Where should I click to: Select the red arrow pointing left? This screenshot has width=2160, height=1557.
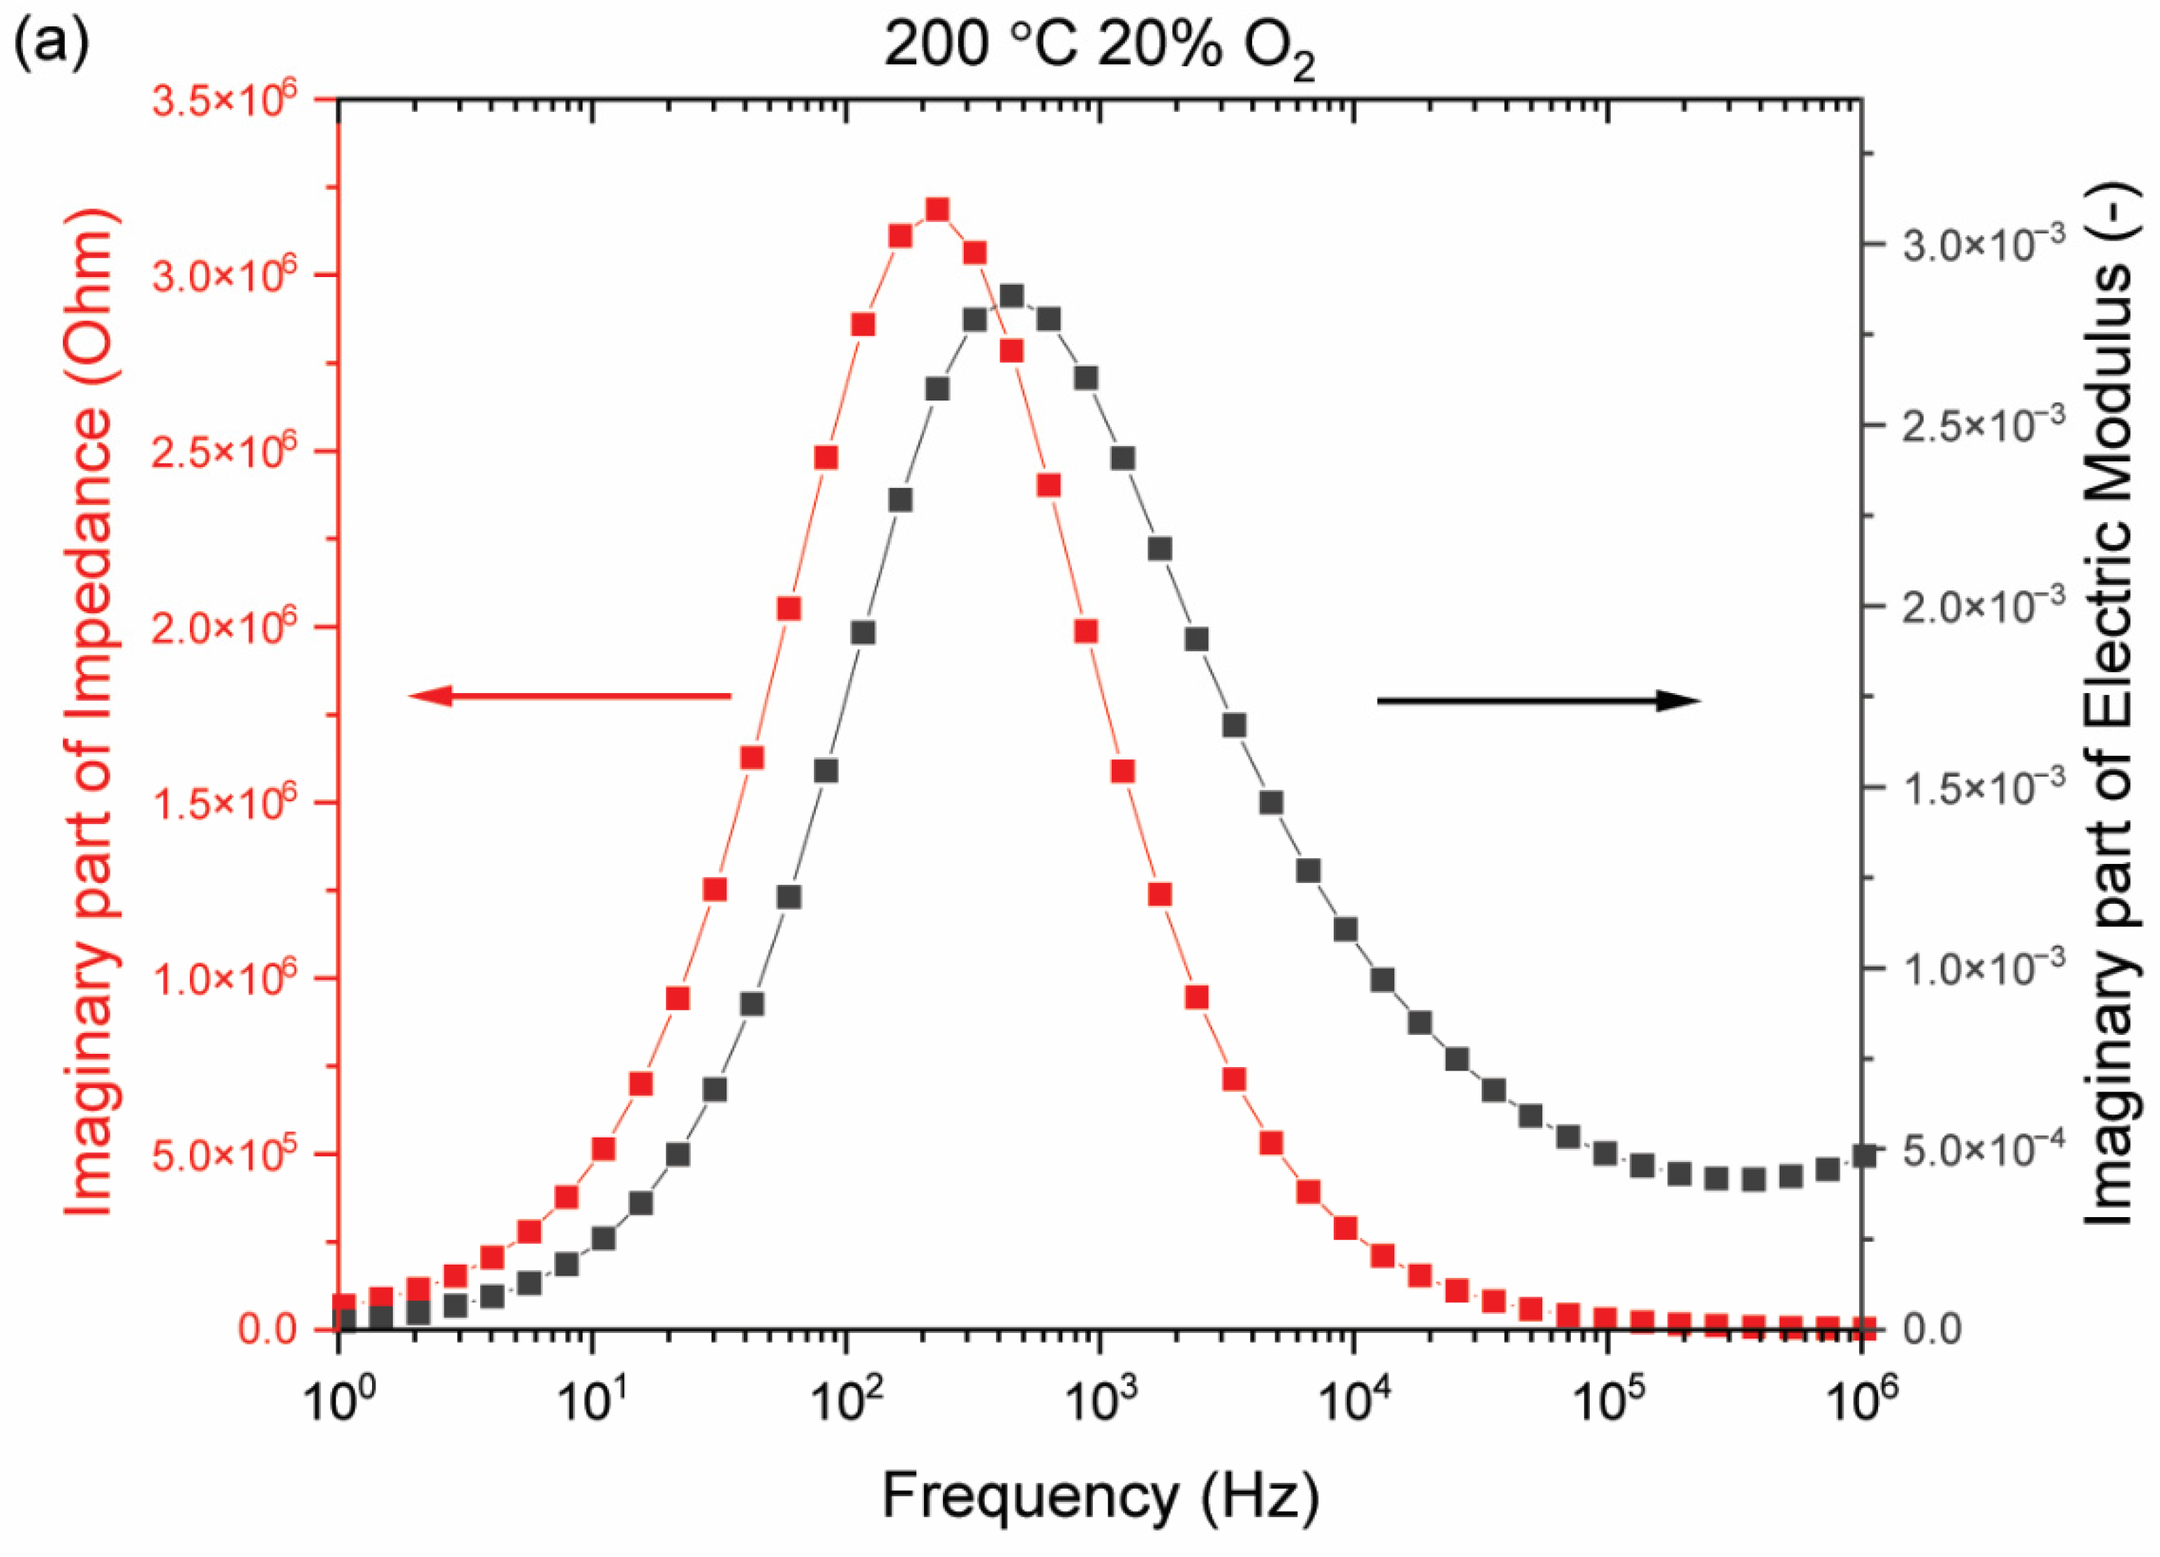tap(569, 696)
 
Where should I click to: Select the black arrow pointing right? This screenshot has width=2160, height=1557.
tap(1538, 701)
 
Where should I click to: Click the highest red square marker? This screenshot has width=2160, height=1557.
tap(937, 209)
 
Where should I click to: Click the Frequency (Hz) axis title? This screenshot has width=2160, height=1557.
tap(1100, 1497)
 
